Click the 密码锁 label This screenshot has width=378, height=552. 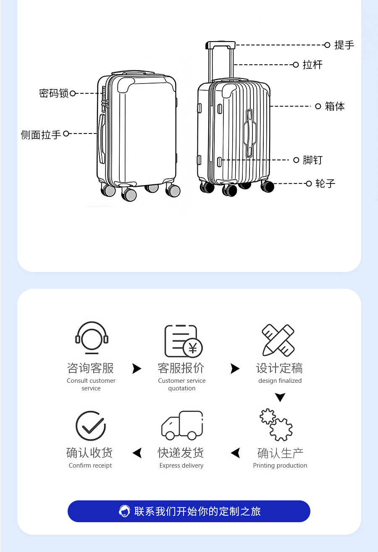(x=54, y=93)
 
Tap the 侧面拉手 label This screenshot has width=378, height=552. (x=41, y=135)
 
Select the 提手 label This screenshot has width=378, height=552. (x=344, y=45)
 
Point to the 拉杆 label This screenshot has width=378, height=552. (x=313, y=65)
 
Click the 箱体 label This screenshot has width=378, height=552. (x=335, y=107)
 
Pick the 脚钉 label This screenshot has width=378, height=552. (x=313, y=160)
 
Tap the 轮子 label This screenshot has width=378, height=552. (x=325, y=183)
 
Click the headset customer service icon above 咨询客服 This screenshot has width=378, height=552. (x=92, y=339)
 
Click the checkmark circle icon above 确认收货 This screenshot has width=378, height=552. (x=90, y=426)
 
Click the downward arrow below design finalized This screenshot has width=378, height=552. (x=280, y=397)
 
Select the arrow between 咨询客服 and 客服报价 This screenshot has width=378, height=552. (x=137, y=369)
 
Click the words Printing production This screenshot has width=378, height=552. (x=280, y=466)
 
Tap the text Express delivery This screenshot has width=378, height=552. (x=181, y=466)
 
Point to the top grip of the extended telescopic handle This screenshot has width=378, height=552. (x=220, y=44)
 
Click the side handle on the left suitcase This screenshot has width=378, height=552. (x=101, y=138)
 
